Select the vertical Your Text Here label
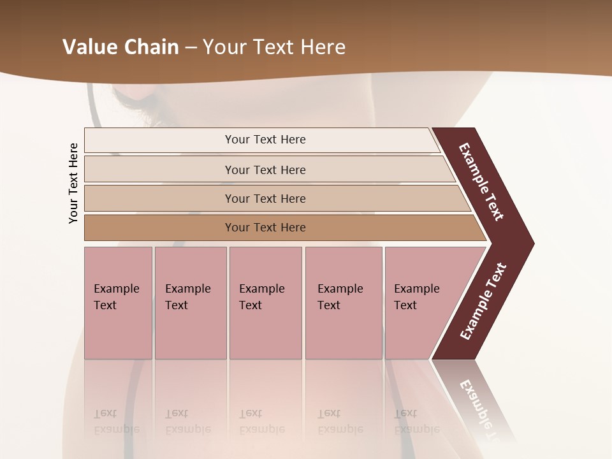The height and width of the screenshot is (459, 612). click(x=73, y=183)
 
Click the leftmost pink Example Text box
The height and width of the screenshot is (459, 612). click(x=118, y=303)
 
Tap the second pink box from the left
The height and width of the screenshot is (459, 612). click(x=190, y=303)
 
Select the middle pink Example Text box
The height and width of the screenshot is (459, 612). click(x=265, y=303)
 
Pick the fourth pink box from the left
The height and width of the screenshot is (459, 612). click(x=343, y=303)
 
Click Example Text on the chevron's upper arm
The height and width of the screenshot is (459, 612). click(x=481, y=182)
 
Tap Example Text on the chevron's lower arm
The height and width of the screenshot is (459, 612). click(x=483, y=302)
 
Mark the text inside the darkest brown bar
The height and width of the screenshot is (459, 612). click(x=265, y=228)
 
